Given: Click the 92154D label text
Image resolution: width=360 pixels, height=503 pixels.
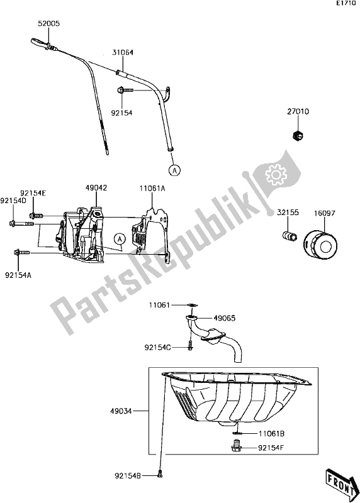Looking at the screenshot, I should [13, 201].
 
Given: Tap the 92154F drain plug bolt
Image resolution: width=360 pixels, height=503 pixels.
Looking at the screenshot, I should [237, 447].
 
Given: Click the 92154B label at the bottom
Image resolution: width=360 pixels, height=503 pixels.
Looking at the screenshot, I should [130, 476].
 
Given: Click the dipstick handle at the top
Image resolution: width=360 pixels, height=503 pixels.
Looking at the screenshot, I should [39, 44].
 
